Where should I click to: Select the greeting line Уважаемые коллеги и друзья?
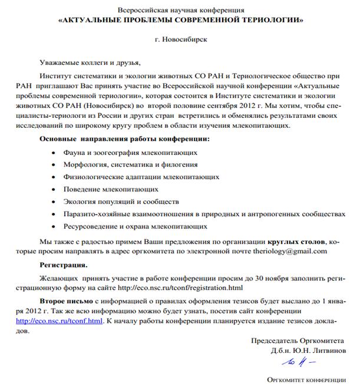tap(91, 63)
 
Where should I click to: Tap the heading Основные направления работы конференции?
tap(124, 139)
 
